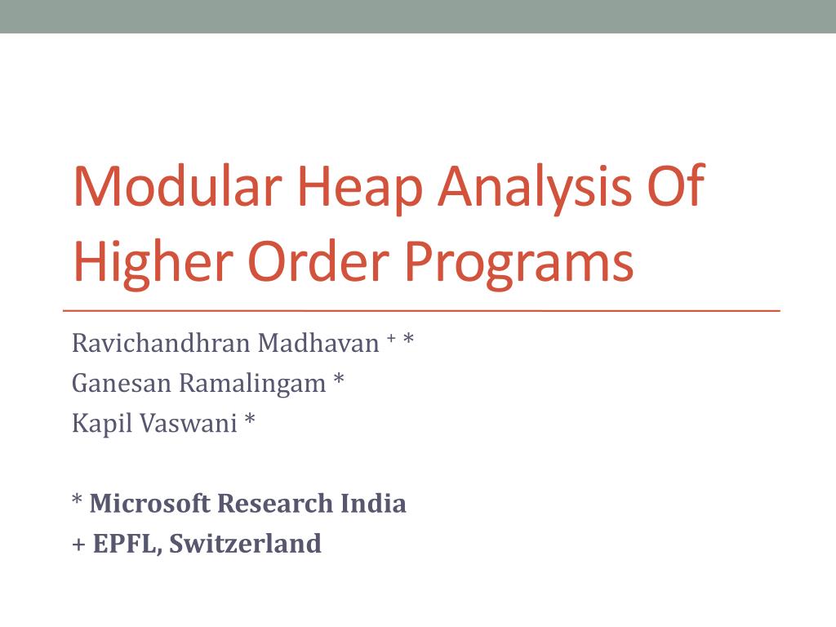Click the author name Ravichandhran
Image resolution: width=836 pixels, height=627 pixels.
tap(161, 344)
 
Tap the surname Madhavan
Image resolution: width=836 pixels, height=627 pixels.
tap(318, 344)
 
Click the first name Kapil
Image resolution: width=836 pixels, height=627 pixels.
tap(96, 424)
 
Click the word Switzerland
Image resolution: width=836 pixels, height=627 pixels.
tap(246, 544)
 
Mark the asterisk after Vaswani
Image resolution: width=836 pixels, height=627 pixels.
tap(249, 420)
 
